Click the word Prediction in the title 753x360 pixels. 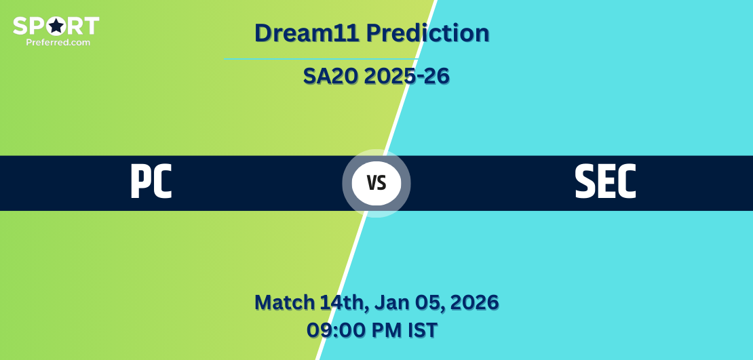pyautogui.click(x=427, y=33)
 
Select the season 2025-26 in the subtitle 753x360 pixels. pyautogui.click(x=407, y=76)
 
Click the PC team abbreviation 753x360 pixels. pyautogui.click(x=151, y=182)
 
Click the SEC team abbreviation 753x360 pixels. pyautogui.click(x=605, y=182)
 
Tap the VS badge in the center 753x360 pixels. pyautogui.click(x=376, y=183)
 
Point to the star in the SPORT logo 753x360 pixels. pyautogui.click(x=56, y=26)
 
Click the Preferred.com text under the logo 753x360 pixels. pyautogui.click(x=58, y=42)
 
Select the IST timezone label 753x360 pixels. pyautogui.click(x=423, y=330)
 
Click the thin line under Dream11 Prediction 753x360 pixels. pyautogui.click(x=321, y=59)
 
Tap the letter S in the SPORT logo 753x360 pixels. pyautogui.click(x=20, y=26)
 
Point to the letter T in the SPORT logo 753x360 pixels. pyautogui.click(x=92, y=26)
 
